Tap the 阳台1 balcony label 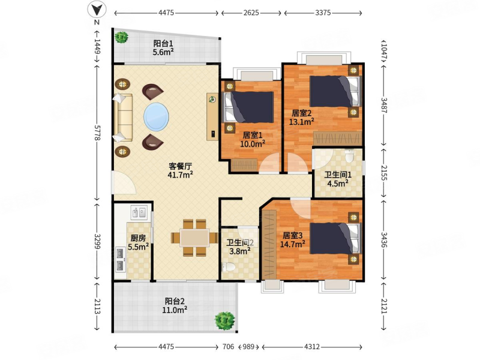click(x=163, y=47)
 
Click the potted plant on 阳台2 click(x=225, y=320)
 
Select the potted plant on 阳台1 click(x=122, y=38)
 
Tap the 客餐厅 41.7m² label click(x=180, y=170)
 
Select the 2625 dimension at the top click(x=251, y=11)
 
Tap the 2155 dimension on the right click(x=384, y=173)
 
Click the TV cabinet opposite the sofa click(x=212, y=116)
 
